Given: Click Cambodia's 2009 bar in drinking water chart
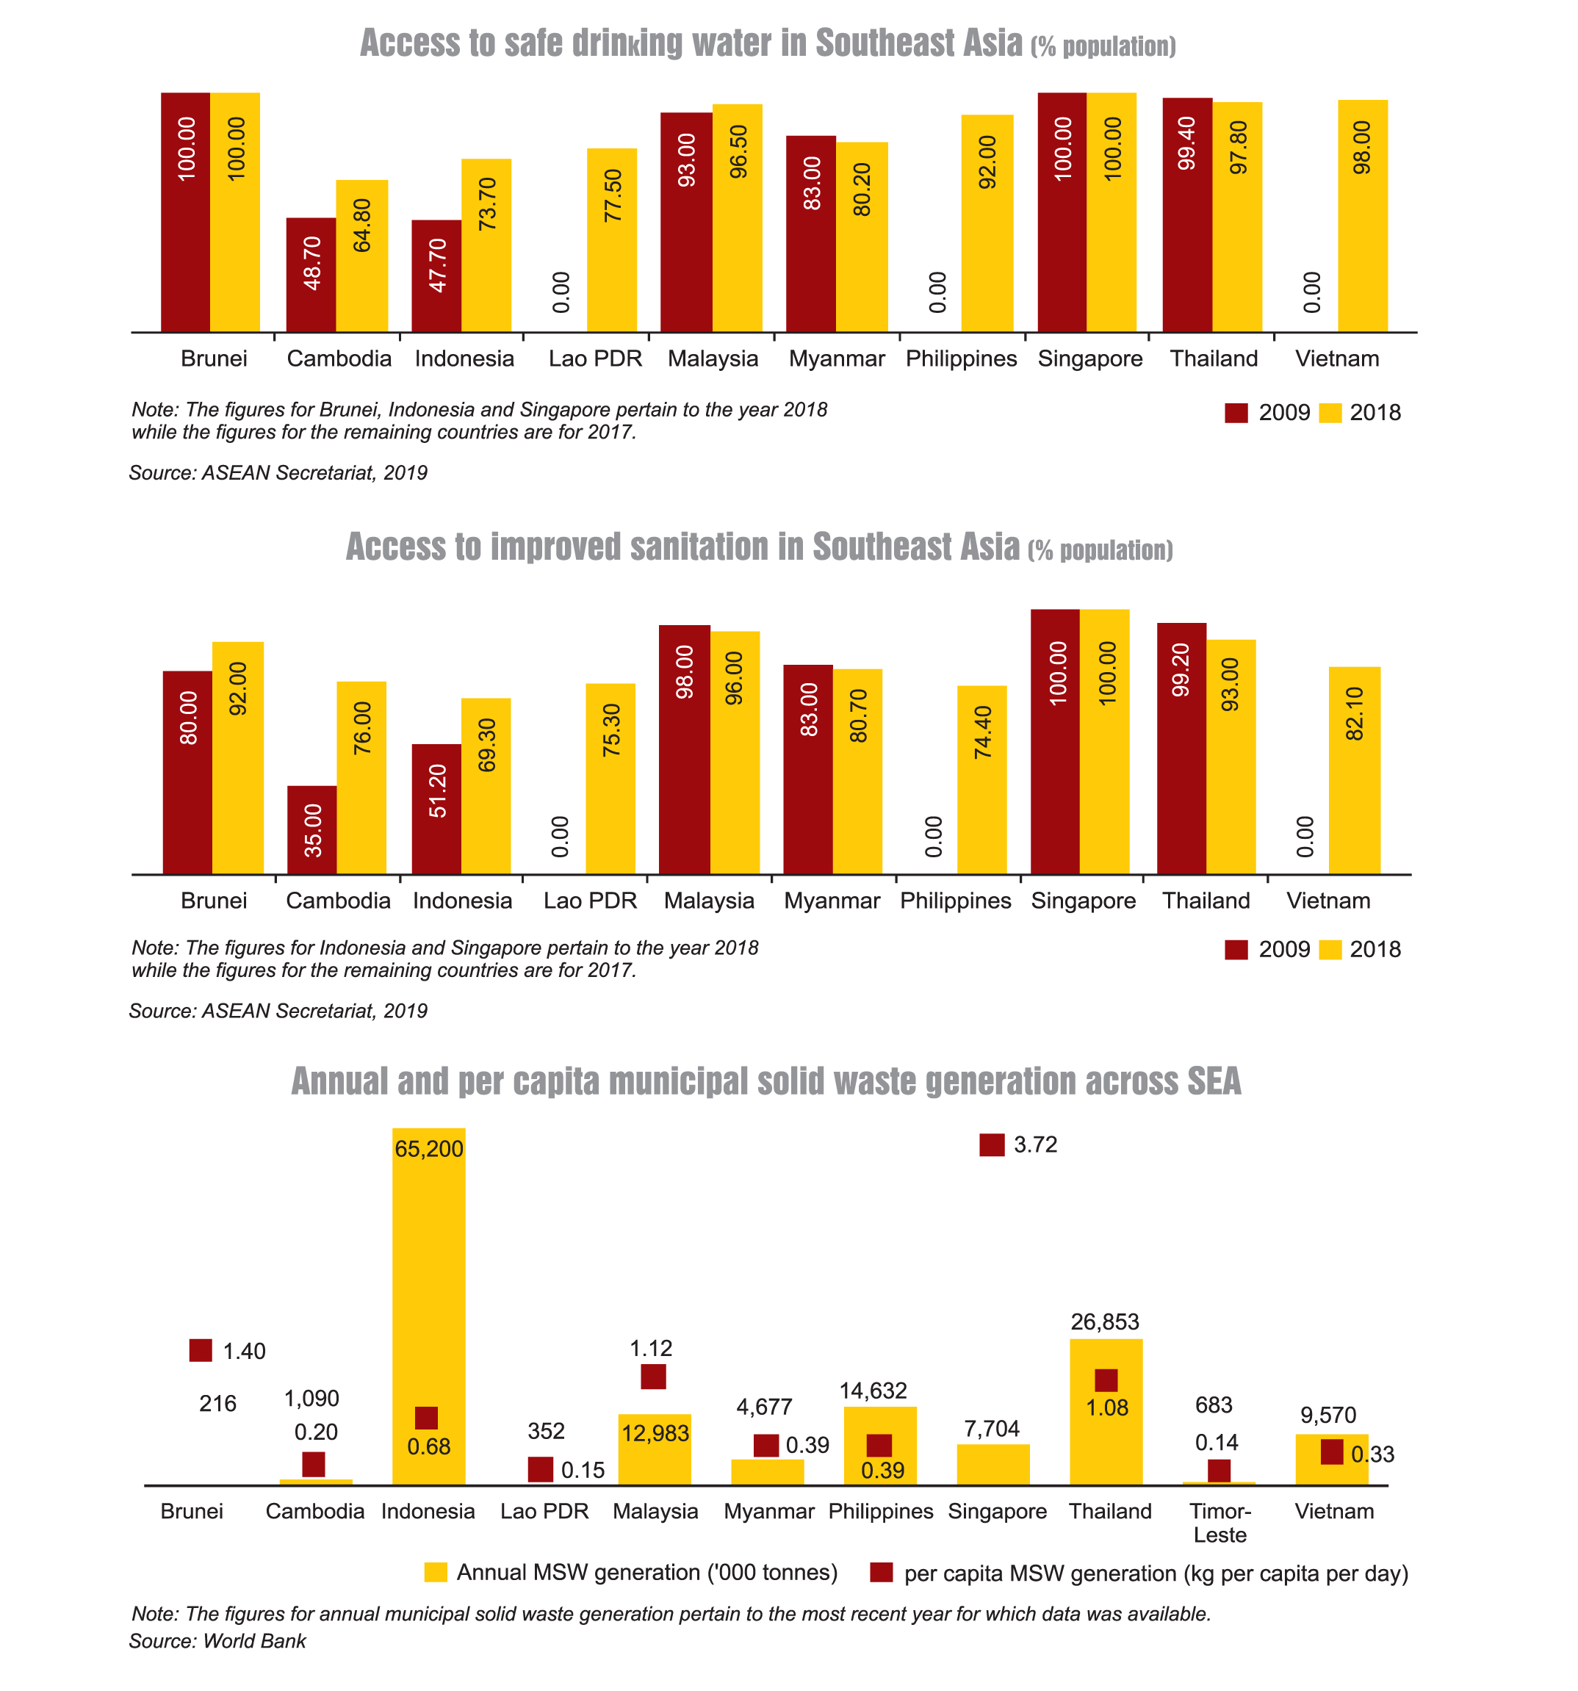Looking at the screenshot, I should [311, 274].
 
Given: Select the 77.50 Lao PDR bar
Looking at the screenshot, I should [612, 240].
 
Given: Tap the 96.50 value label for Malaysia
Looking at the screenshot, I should [738, 151].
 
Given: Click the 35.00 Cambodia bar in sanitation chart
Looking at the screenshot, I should [311, 829].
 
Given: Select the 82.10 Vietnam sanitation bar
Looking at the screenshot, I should [1353, 770].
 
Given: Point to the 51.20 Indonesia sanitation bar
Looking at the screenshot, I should [436, 808].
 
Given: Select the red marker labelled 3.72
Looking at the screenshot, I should [991, 1145].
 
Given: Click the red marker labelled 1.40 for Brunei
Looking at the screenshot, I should [200, 1350].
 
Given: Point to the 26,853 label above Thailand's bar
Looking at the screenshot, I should [1104, 1322].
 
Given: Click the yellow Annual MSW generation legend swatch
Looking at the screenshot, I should [436, 1573].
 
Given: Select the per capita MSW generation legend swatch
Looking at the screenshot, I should [882, 1573].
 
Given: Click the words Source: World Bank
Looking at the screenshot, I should [217, 1641].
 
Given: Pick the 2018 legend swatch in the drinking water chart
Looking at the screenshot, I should [1330, 414].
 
